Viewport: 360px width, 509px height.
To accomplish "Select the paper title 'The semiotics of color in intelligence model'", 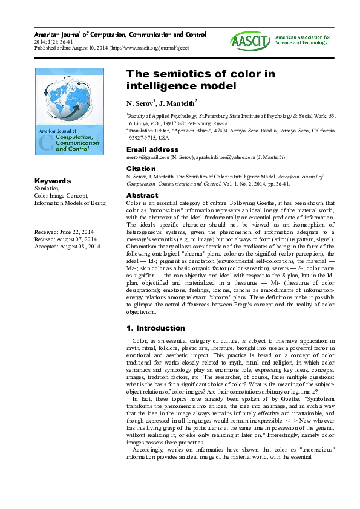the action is (x=200, y=80).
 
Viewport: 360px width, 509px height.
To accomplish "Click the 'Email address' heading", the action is (x=152, y=149).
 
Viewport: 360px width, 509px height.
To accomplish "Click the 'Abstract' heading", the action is (x=142, y=196).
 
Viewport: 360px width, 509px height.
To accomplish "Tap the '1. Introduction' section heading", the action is (x=155, y=328).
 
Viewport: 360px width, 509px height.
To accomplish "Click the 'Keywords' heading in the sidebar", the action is (x=53, y=181).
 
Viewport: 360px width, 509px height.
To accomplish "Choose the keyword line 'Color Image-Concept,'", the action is (x=62, y=195).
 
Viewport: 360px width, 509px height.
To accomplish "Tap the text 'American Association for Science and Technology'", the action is (x=303, y=40).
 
